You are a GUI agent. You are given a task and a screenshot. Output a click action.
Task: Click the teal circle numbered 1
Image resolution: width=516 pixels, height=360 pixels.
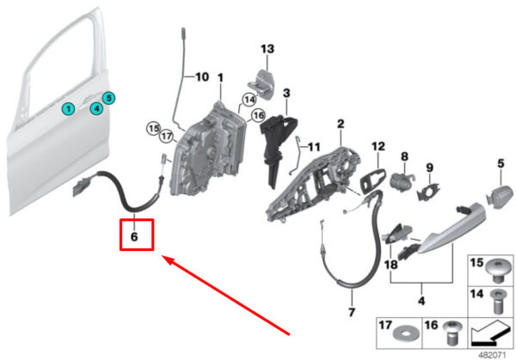(69, 108)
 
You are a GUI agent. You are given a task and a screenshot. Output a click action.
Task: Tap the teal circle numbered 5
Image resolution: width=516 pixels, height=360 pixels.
(108, 98)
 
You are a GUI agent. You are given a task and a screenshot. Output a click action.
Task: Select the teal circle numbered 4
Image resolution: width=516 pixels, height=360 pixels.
(96, 108)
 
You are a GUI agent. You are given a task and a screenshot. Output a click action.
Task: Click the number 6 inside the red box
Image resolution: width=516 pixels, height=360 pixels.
(134, 237)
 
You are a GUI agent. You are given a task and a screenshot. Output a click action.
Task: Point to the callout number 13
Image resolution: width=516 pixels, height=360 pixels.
(267, 49)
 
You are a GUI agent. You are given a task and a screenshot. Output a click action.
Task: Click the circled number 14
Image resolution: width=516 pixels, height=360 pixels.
(249, 100)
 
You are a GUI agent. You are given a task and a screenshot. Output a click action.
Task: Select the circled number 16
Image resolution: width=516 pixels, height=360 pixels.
(258, 115)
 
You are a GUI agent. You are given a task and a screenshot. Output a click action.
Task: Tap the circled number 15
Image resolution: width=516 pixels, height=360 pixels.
(153, 129)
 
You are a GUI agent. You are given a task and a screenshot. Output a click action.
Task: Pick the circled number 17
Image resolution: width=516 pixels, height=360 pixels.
(167, 136)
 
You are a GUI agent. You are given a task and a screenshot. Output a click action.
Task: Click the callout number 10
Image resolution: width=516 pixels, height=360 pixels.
(202, 77)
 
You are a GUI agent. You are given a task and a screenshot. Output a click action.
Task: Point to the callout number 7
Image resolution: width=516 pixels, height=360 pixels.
(352, 312)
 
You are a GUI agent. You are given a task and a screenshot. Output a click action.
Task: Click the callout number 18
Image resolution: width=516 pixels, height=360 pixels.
(390, 265)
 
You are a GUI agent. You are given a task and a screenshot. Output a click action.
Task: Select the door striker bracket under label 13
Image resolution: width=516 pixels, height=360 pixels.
(261, 82)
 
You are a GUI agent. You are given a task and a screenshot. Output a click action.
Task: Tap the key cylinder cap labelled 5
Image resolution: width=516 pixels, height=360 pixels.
(500, 196)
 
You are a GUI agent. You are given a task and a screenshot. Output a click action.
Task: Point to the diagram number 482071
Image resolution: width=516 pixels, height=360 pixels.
(492, 356)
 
